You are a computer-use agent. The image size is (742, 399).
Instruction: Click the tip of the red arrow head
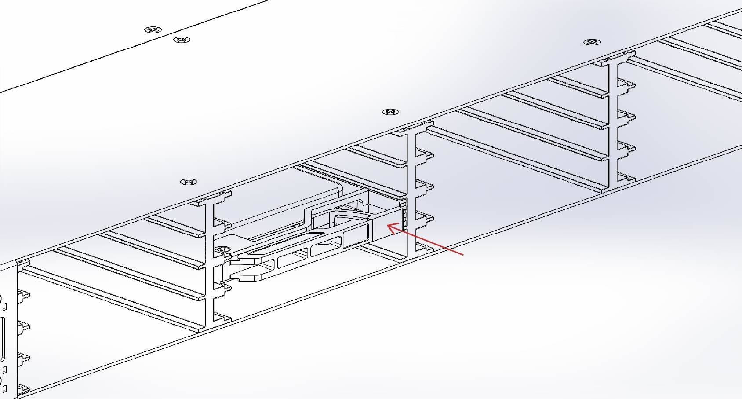[x=387, y=225]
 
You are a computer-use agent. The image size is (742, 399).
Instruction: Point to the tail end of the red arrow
[x=463, y=254]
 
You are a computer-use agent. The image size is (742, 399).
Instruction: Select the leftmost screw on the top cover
[x=153, y=30]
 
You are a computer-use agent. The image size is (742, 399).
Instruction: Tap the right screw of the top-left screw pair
[x=182, y=40]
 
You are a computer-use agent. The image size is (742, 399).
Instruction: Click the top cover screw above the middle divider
[x=390, y=112]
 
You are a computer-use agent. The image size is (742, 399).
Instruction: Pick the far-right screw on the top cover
[x=592, y=42]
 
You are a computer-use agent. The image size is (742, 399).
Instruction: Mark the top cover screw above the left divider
[x=189, y=182]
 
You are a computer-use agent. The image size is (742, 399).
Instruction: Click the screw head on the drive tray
[x=222, y=249]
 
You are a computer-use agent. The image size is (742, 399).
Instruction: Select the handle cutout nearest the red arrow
[x=356, y=234]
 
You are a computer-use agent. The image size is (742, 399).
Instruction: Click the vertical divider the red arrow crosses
[x=411, y=194]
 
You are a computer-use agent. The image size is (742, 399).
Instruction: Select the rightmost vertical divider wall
[x=613, y=123]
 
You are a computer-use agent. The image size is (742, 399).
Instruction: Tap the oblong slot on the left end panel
[x=2, y=339]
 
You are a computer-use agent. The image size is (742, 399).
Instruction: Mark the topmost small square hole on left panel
[x=5, y=306]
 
